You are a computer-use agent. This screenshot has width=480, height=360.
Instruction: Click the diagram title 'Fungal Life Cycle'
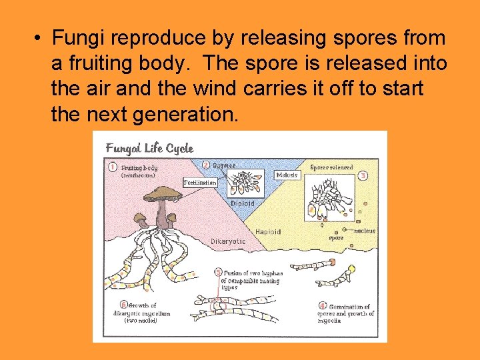[x=149, y=148]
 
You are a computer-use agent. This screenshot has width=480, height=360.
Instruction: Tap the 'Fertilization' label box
[x=200, y=182]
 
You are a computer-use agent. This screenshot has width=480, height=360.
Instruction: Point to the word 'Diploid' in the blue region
[x=242, y=203]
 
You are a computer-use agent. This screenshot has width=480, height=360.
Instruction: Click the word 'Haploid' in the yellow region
[x=268, y=231]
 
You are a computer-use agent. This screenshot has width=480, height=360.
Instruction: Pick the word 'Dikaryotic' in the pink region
[x=228, y=241]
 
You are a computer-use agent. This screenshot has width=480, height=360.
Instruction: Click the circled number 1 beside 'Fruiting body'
[x=113, y=167]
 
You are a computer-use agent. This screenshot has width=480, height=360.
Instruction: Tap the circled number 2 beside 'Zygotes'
[x=206, y=165]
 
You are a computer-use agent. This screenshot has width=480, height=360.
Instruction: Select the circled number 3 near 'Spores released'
[x=363, y=175]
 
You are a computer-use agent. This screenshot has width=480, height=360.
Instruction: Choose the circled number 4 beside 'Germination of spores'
[x=322, y=306]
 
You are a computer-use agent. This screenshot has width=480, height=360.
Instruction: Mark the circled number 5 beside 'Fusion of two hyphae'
[x=218, y=272]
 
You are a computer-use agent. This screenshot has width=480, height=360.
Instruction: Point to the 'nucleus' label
[x=365, y=231]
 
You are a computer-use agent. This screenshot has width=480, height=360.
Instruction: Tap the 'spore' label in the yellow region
[x=336, y=237]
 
